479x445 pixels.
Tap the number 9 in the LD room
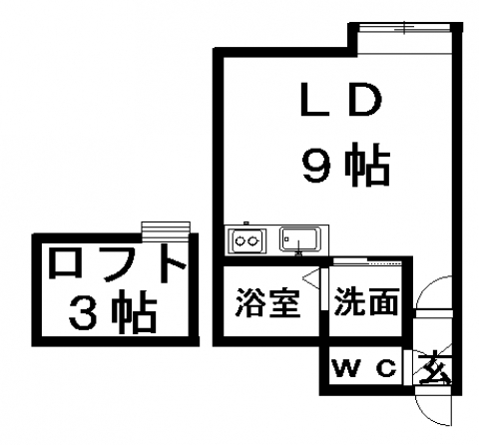coord(315,167)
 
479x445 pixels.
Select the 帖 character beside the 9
coord(366,165)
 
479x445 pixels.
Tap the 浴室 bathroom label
coord(268,302)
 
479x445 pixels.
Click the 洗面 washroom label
coord(366,301)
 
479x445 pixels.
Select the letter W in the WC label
coord(347,368)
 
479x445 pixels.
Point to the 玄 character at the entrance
coord(434,368)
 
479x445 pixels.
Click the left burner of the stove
coord(239,239)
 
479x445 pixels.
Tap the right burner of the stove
coord(253,239)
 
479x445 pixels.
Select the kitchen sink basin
coord(300,238)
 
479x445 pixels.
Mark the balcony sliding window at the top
coord(404,27)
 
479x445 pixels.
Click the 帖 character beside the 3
coord(134,311)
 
